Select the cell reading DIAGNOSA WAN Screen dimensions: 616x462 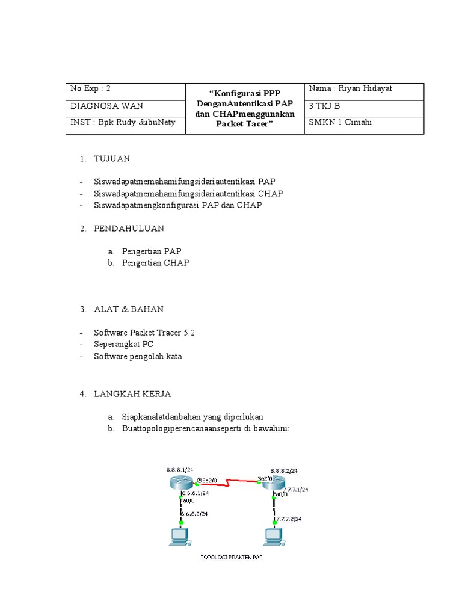(x=106, y=106)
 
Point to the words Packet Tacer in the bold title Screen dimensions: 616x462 (x=244, y=124)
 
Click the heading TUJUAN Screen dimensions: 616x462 (x=112, y=159)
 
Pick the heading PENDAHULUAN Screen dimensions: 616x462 (x=129, y=229)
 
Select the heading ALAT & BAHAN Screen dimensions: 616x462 (x=129, y=309)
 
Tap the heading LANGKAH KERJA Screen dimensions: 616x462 (x=132, y=393)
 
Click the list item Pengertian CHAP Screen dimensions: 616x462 (x=155, y=263)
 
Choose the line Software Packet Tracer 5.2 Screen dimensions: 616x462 (x=145, y=332)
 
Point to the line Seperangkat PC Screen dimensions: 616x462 (x=124, y=344)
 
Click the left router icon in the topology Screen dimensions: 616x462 (x=180, y=482)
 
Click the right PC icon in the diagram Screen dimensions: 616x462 (x=274, y=536)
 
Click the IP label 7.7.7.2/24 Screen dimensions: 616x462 (x=289, y=519)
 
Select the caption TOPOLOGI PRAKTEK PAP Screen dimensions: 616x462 (x=232, y=557)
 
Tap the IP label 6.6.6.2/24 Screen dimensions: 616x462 (x=195, y=513)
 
